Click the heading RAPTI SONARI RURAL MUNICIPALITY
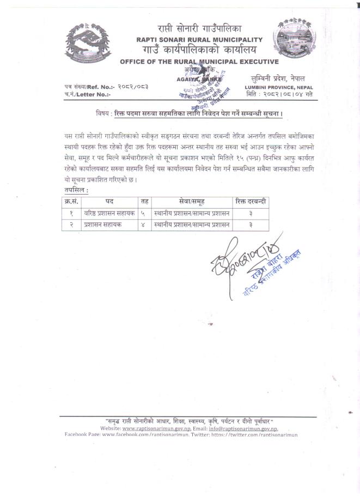tap(200, 40)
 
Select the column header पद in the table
tap(109, 202)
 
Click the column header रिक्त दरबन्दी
tap(250, 202)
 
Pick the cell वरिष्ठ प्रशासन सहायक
tap(109, 214)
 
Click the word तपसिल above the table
tap(76, 190)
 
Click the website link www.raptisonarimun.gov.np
tap(161, 429)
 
